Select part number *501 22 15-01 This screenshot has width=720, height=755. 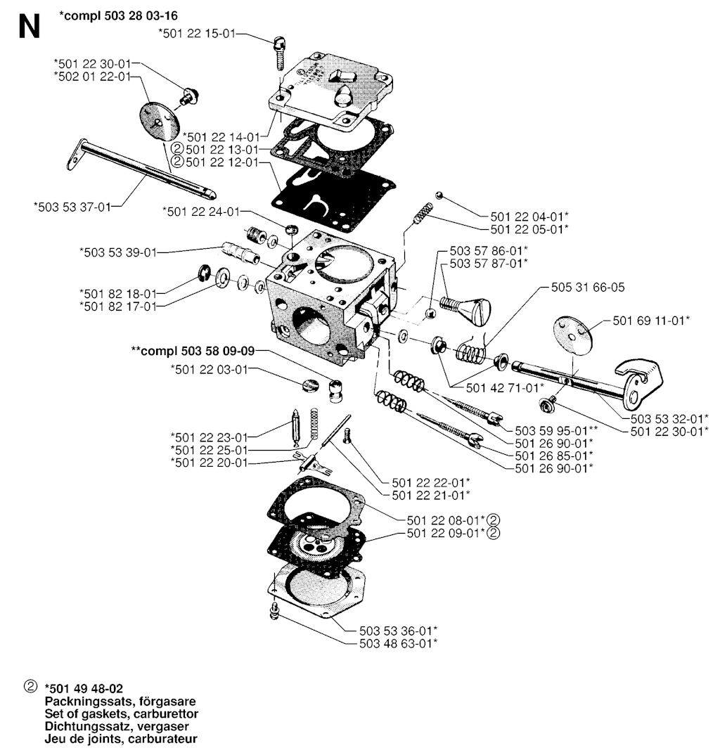tap(196, 32)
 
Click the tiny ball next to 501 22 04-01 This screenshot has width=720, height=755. tap(438, 195)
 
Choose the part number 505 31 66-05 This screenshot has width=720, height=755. tap(588, 287)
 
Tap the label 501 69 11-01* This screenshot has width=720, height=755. tap(651, 320)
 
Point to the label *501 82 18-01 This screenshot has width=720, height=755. tap(119, 292)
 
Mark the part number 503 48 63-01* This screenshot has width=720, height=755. tap(399, 643)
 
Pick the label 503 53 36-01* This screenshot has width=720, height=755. tap(399, 630)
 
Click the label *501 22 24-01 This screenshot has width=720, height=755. tap(200, 211)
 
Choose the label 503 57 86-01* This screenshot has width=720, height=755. tap(489, 250)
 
